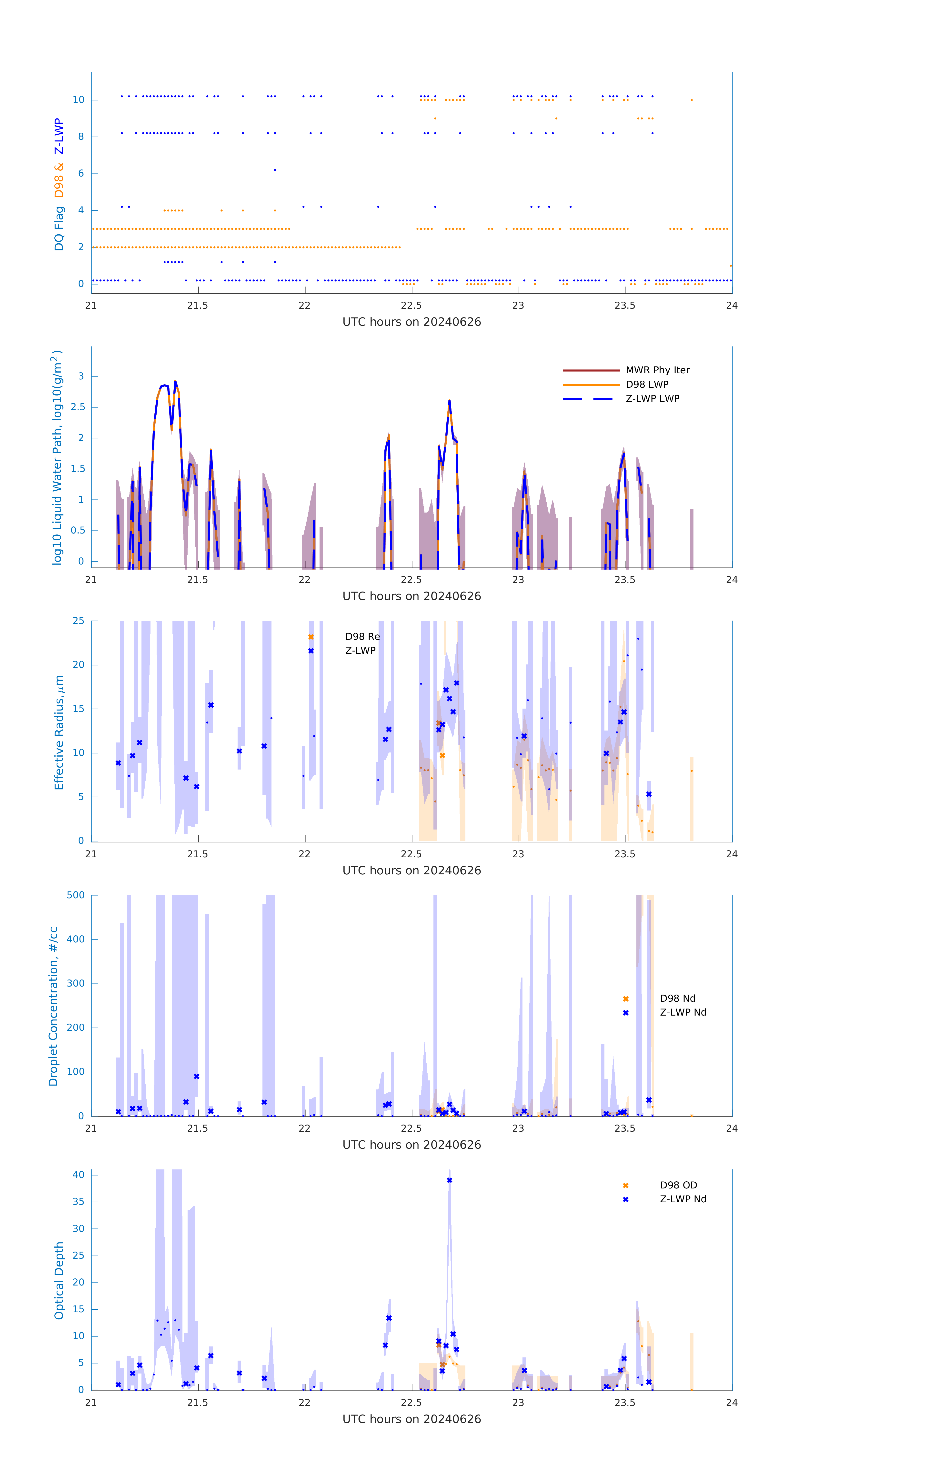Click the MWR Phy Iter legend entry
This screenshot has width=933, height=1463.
point(657,370)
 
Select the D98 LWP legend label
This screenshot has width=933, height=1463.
point(647,385)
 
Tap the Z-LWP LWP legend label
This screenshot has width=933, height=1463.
point(652,399)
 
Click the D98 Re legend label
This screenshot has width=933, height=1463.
point(362,637)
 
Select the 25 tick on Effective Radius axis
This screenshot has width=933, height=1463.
point(78,621)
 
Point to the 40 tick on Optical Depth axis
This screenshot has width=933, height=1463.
point(78,1175)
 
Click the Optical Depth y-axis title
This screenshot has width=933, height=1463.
point(59,1281)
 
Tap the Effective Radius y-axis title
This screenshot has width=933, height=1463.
point(59,733)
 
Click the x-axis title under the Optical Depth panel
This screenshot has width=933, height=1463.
point(411,1419)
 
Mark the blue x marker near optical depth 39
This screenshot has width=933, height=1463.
point(449,1180)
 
